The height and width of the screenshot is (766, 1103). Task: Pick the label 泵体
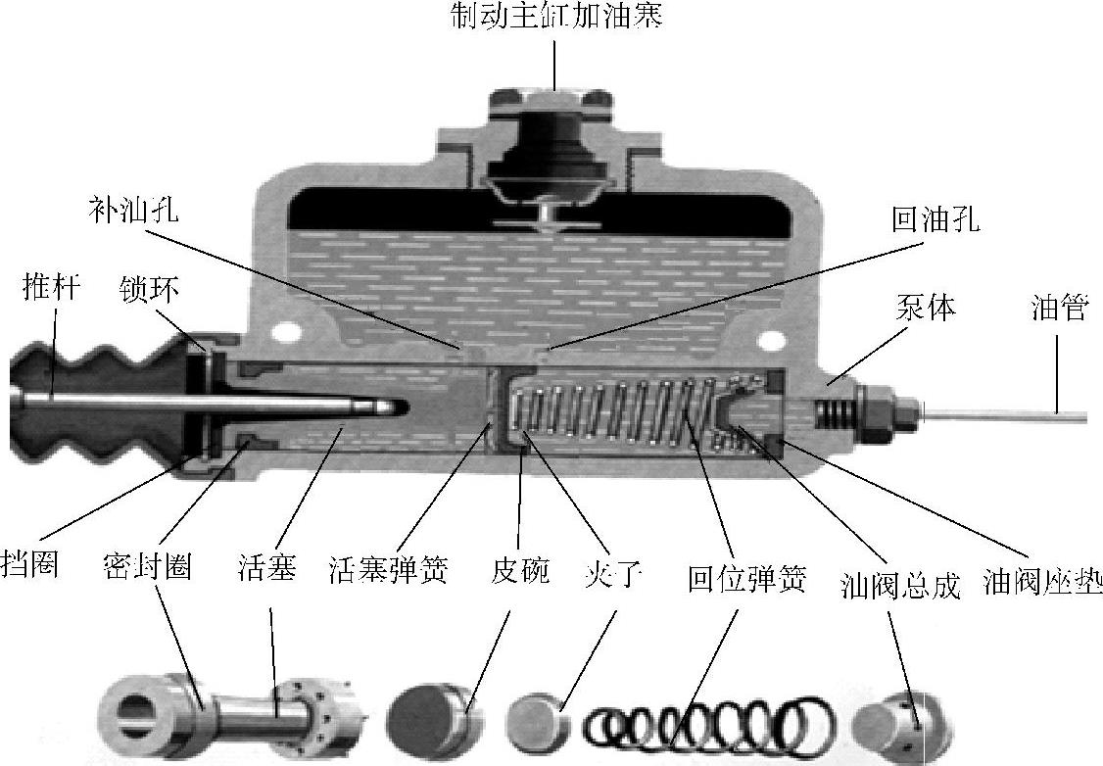point(925,308)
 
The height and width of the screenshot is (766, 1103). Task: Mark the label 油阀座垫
point(1042,583)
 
